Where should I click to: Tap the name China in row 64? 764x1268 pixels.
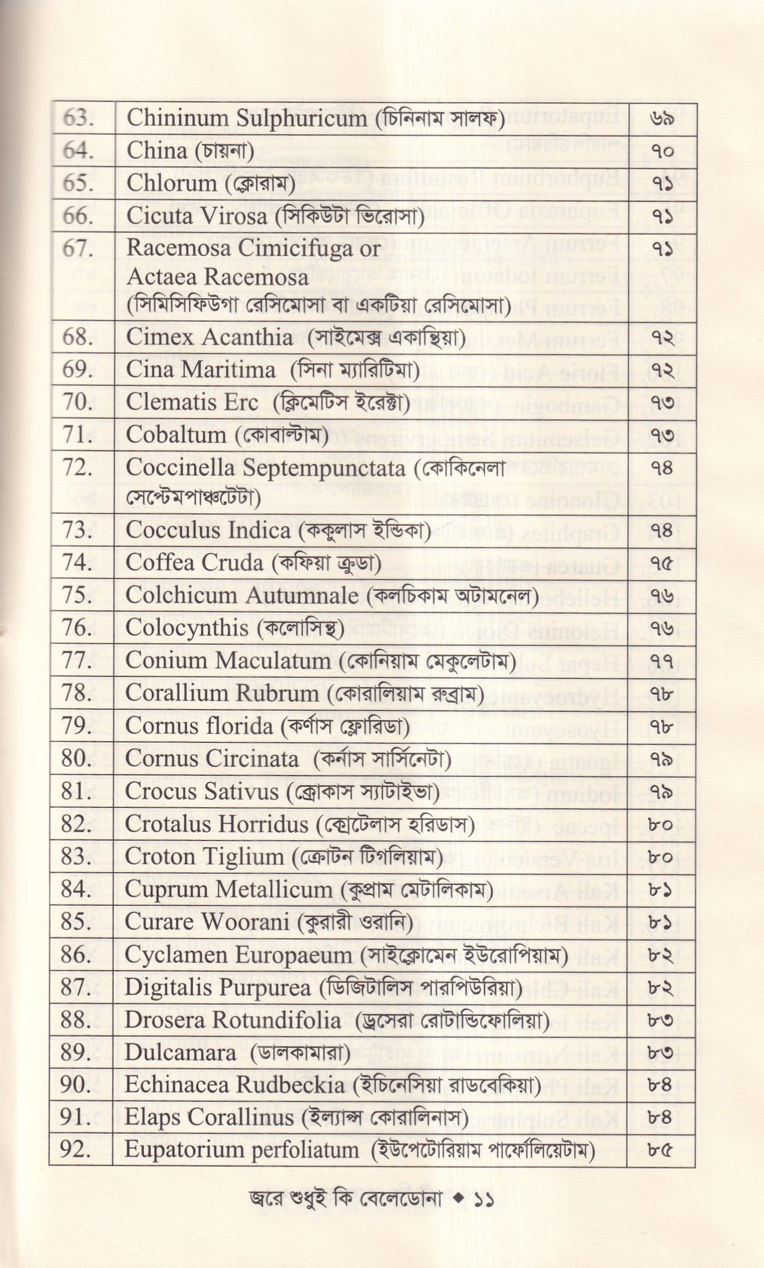(x=157, y=151)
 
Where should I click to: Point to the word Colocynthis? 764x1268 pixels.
(x=187, y=628)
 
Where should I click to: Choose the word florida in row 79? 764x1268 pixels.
(x=240, y=726)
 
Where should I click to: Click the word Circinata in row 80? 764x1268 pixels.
(x=258, y=759)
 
